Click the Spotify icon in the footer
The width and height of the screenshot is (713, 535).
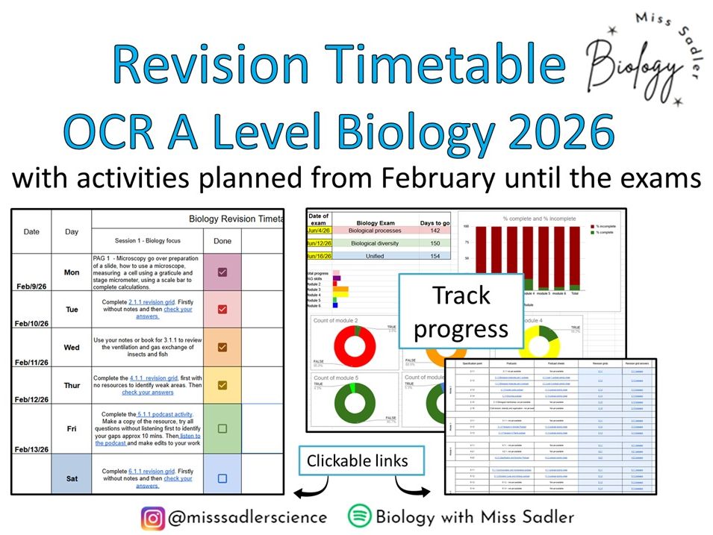[x=360, y=516]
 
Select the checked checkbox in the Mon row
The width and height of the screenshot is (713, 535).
[x=222, y=272]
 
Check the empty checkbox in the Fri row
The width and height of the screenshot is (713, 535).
[x=222, y=428]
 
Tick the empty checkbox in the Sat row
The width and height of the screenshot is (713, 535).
[x=222, y=478]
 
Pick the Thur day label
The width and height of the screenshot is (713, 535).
[x=72, y=386]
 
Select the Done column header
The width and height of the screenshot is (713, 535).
[x=222, y=241]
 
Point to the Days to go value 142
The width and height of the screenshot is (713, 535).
[x=435, y=231]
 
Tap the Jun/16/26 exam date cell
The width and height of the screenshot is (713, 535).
[x=319, y=255]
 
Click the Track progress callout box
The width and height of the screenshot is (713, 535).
[x=461, y=312]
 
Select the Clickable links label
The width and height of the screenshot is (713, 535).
[x=358, y=461]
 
